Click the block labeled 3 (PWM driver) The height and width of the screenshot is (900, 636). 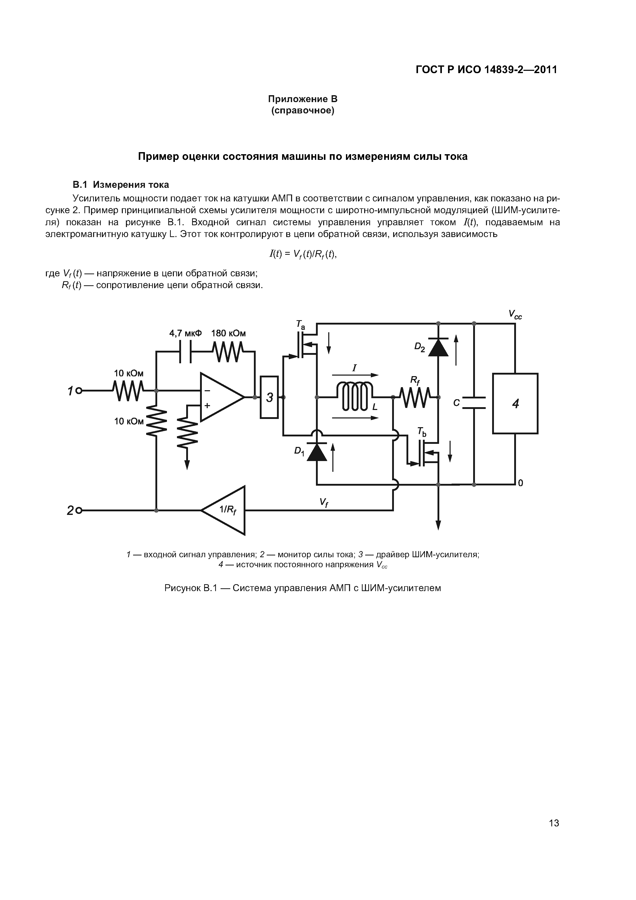coord(269,397)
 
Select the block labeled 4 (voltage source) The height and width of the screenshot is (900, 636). coord(515,403)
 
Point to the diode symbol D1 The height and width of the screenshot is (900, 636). coord(317,452)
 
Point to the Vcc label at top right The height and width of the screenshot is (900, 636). coord(515,314)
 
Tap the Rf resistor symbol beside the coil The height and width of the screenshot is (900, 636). coord(415,397)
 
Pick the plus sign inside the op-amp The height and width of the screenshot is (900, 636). coord(207,406)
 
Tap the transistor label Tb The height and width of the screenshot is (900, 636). coord(422,432)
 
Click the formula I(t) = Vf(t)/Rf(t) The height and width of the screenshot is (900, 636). coord(303,255)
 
